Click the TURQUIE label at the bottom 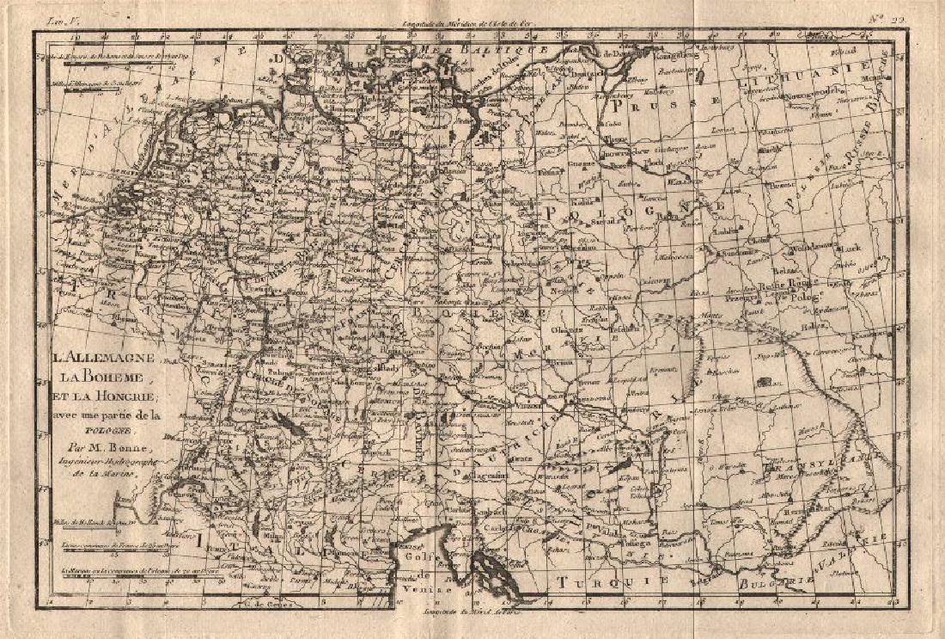610,582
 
